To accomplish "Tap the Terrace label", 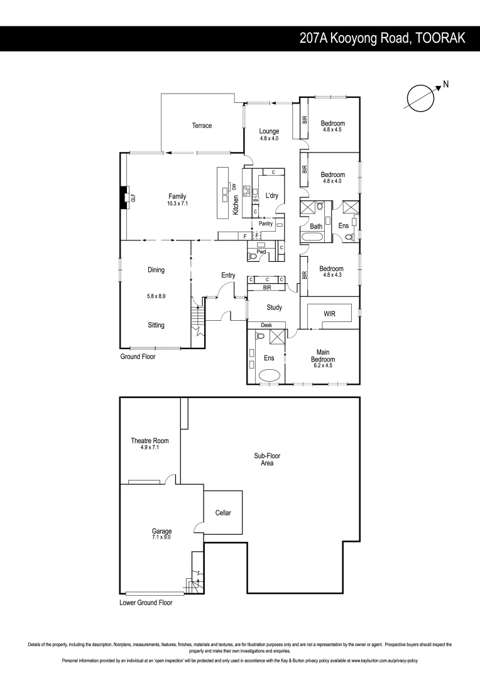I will (x=202, y=126).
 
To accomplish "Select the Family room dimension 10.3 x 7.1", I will (x=178, y=203).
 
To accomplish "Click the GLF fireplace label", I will (x=133, y=198).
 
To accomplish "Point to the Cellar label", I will (x=223, y=513).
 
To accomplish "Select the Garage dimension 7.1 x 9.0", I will (x=161, y=537).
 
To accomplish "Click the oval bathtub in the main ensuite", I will (x=270, y=375).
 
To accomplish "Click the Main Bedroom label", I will (x=324, y=355).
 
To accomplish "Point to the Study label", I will (x=274, y=308).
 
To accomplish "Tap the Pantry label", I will (x=265, y=223).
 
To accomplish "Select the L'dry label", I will (x=272, y=196).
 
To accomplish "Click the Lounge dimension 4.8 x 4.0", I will (x=269, y=138).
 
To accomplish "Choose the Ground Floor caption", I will (x=138, y=356).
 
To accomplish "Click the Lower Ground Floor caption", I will (x=146, y=602).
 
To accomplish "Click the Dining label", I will (x=156, y=270).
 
